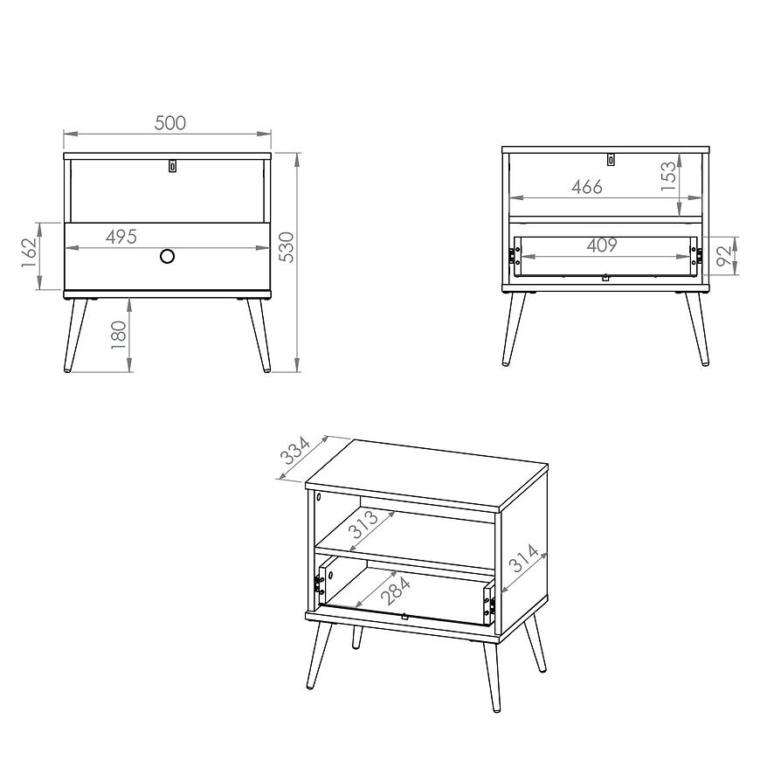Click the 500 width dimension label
[170, 123]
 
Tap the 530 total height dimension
[287, 247]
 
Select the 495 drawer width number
[121, 237]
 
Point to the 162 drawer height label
[30, 253]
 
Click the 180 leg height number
[118, 335]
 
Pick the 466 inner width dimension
[586, 187]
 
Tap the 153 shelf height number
[668, 176]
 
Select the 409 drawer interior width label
[602, 245]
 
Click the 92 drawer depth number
[723, 255]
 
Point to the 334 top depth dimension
[296, 451]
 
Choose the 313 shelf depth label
[363, 525]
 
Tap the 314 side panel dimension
[523, 558]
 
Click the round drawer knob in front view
[167, 257]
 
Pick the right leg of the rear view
[696, 328]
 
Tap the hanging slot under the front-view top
[172, 165]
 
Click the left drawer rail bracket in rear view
[512, 255]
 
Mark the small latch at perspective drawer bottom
[404, 617]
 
